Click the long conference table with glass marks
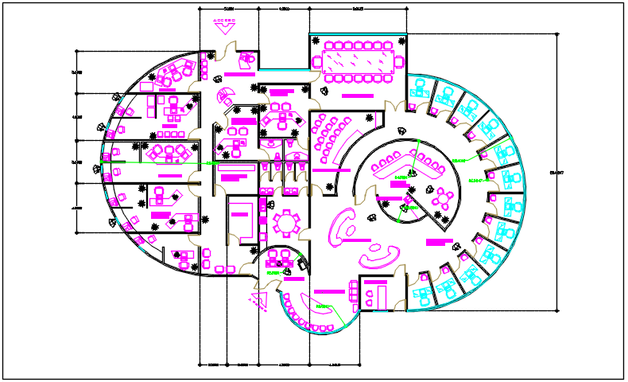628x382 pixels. coord(357,60)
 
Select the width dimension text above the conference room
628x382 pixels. coord(358,10)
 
